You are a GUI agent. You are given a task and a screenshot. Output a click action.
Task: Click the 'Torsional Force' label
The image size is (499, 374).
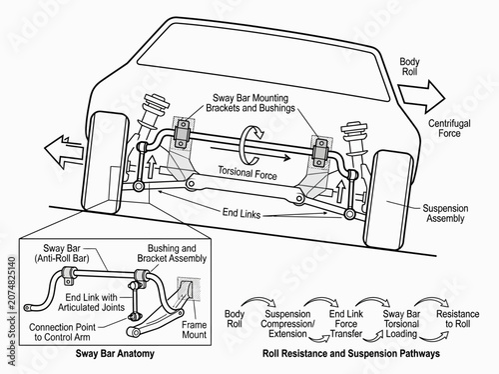click(248, 173)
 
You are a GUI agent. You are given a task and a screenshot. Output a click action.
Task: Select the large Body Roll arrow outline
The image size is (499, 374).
click(421, 96)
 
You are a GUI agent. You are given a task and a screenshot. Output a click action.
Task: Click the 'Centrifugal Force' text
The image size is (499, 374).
click(449, 128)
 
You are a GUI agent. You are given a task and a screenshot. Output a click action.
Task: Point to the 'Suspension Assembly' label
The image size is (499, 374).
click(445, 213)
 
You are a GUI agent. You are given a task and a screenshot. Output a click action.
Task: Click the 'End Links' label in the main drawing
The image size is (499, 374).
click(242, 213)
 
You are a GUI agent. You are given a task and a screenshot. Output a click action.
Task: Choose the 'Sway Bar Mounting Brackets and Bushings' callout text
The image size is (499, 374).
click(250, 103)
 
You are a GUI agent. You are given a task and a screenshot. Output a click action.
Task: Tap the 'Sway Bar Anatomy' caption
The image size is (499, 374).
click(115, 353)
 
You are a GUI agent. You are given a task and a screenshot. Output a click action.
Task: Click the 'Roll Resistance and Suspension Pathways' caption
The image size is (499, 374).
click(351, 353)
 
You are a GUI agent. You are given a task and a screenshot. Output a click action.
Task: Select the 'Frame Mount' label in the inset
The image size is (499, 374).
click(195, 330)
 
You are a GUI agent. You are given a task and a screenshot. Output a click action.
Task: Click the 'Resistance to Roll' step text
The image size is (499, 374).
click(458, 319)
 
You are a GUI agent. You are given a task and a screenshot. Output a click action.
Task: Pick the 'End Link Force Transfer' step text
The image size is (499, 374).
click(346, 324)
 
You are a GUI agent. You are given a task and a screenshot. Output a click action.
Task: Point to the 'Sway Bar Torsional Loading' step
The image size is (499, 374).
click(401, 324)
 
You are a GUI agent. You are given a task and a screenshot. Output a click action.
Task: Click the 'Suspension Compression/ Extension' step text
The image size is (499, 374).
click(287, 324)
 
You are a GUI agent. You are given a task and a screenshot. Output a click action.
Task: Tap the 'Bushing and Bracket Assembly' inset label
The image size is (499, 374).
click(172, 253)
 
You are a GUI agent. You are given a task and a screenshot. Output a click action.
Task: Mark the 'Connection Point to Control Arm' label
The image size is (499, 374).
click(62, 332)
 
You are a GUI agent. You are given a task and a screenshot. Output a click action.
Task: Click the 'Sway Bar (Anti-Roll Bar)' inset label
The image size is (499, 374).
click(62, 253)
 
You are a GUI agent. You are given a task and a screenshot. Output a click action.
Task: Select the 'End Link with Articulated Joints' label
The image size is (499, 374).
click(91, 302)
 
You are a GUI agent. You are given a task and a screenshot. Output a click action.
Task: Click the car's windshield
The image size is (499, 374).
click(262, 63)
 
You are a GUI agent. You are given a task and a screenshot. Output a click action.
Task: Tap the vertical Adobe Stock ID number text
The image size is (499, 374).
click(12, 283)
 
